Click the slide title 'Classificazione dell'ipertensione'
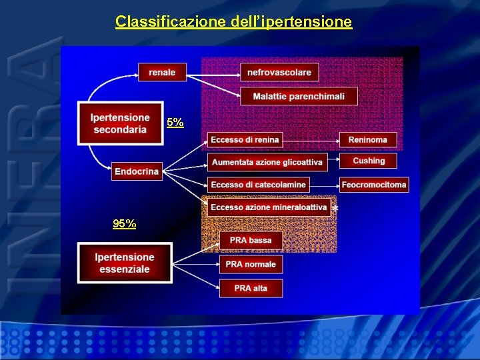tap(233, 22)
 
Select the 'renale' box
tap(162, 72)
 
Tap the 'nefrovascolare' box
tap(279, 72)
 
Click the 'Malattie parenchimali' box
tap(298, 96)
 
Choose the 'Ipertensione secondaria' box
tap(120, 123)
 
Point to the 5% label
tap(175, 123)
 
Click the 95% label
tap(125, 224)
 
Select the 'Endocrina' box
tap(137, 171)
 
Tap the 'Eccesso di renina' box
tap(245, 139)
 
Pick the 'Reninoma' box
tap(368, 139)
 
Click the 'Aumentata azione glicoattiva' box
tap(267, 162)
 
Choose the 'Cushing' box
tap(369, 161)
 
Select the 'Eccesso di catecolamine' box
tap(258, 184)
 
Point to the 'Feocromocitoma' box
tap(374, 184)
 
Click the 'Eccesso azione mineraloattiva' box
tap(269, 207)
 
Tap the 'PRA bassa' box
tap(251, 240)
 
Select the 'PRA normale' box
tap(251, 264)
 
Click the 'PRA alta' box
tap(251, 288)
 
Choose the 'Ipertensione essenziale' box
tap(124, 263)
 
